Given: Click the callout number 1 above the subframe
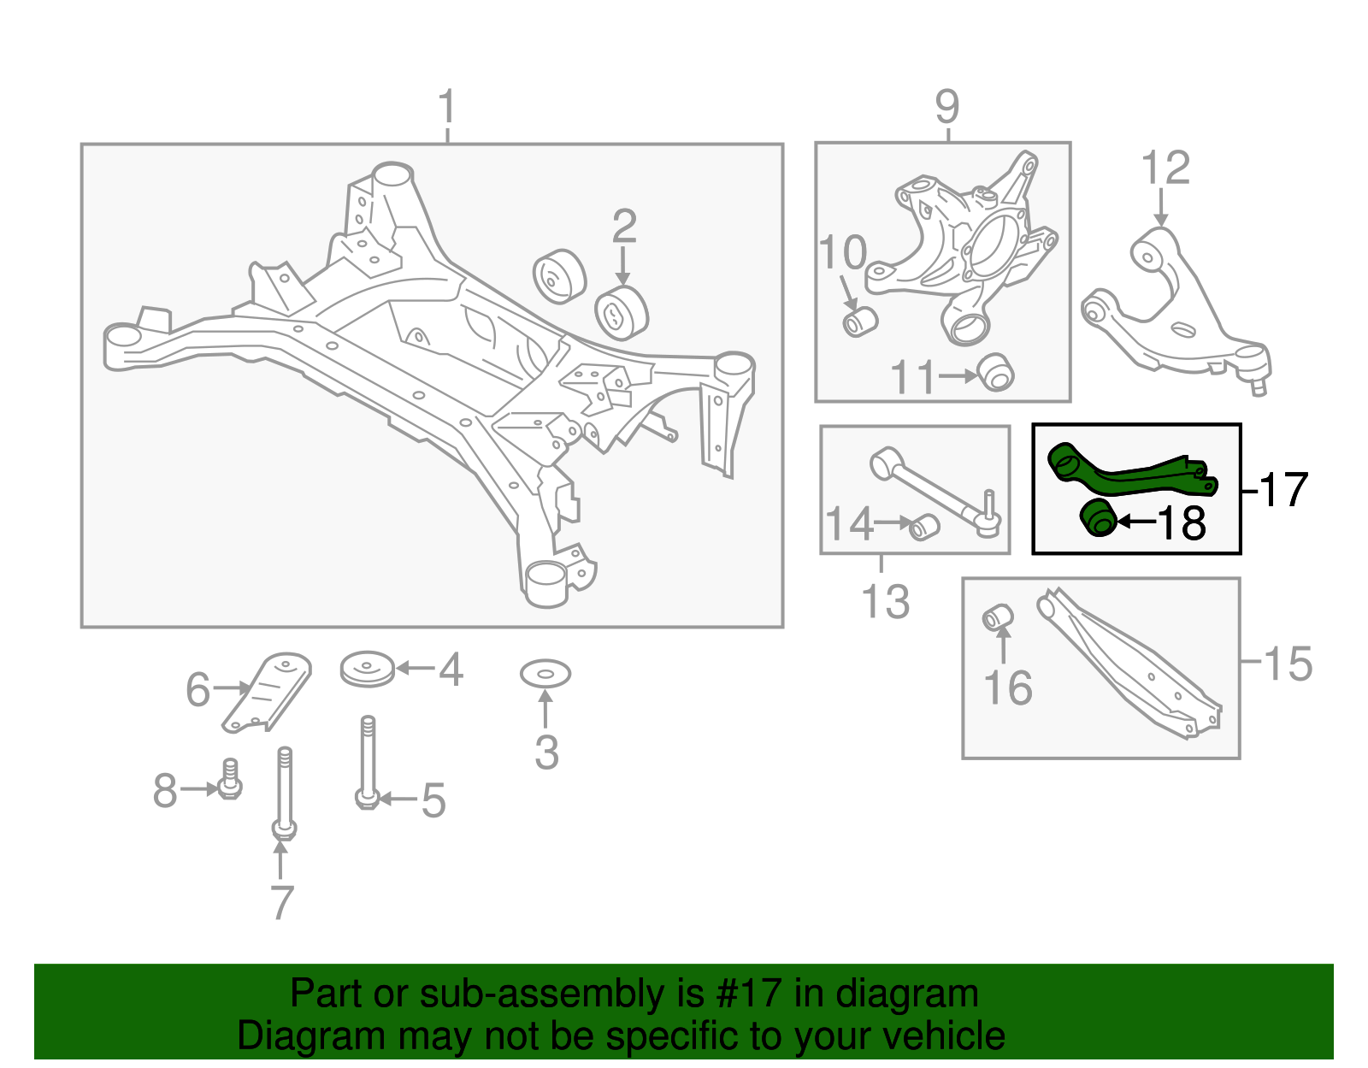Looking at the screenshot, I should [446, 109].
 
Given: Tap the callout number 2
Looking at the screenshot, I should [624, 227].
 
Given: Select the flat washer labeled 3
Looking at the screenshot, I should [545, 675].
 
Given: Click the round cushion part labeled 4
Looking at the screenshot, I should [368, 670].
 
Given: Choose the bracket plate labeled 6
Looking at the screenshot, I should [268, 692].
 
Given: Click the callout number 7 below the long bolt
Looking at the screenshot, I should [282, 903].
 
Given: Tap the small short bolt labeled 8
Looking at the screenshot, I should [229, 780].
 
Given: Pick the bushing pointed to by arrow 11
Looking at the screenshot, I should [995, 372].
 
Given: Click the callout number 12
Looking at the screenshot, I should [1165, 168].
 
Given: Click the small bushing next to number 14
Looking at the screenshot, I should [924, 527].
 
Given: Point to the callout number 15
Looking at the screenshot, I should [1287, 664].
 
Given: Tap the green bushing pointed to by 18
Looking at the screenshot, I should [1100, 519].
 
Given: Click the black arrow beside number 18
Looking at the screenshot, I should [1135, 521].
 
